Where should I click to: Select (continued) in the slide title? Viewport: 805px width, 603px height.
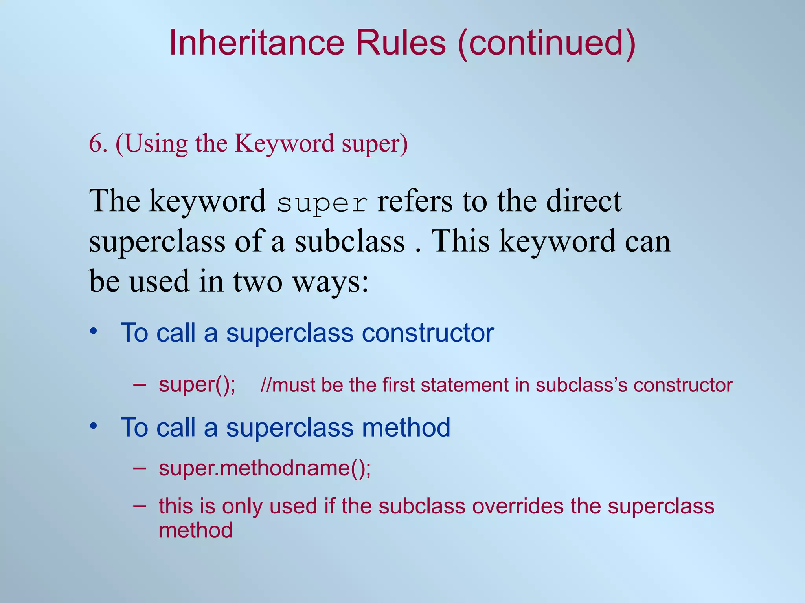[x=546, y=43]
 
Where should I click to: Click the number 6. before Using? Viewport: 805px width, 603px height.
[x=98, y=144]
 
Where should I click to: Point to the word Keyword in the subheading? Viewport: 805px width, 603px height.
[x=284, y=144]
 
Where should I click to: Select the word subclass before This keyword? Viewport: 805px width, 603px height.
[x=350, y=241]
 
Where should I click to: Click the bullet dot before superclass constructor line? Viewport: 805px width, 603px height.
[x=93, y=331]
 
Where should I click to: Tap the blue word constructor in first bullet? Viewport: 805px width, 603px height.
[x=428, y=333]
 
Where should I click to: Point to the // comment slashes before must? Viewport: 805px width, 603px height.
[x=266, y=385]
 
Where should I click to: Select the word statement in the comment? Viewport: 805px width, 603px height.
[x=465, y=385]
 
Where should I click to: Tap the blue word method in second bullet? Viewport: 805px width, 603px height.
[x=406, y=428]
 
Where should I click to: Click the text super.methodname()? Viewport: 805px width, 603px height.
[x=265, y=468]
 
